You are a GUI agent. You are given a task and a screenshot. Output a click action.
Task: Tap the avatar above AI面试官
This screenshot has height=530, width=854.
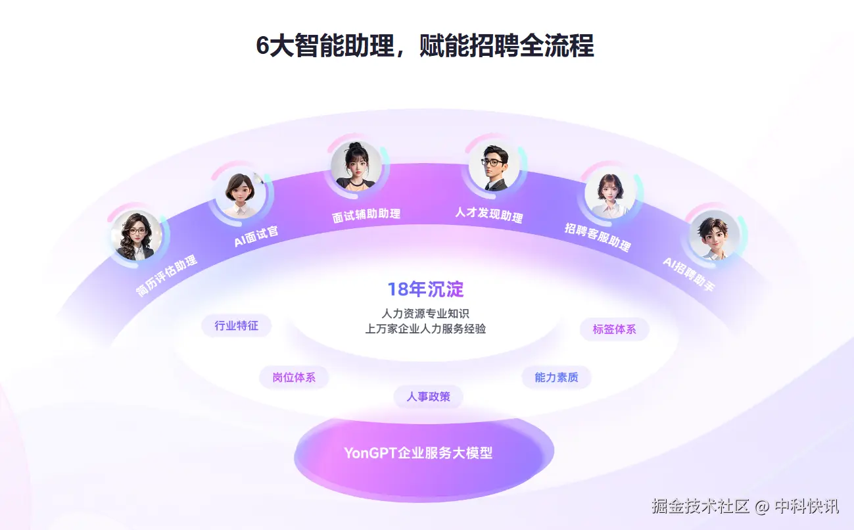click(x=240, y=193)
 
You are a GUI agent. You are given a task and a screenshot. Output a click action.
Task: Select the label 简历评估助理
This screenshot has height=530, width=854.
click(x=166, y=276)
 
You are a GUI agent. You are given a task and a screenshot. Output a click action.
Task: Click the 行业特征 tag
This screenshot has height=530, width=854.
click(x=236, y=325)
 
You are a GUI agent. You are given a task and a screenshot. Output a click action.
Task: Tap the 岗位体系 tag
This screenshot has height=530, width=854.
click(x=294, y=377)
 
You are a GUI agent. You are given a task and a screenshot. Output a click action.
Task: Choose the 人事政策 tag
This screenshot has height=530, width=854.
click(x=428, y=397)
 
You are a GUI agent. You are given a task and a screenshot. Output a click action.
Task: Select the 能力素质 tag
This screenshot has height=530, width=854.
click(x=556, y=377)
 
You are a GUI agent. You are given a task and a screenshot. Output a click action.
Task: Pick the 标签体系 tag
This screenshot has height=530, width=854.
click(x=614, y=329)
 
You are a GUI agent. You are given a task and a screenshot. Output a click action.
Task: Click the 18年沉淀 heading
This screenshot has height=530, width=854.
click(x=425, y=289)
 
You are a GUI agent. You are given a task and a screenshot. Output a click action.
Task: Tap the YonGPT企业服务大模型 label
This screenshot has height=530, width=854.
click(x=418, y=453)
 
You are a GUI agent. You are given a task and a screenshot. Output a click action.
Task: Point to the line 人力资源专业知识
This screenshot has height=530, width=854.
click(x=425, y=314)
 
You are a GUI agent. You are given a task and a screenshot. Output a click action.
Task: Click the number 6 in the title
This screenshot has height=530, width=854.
click(x=263, y=46)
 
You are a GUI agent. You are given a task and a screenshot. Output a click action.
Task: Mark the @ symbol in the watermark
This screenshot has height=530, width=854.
click(x=762, y=506)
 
